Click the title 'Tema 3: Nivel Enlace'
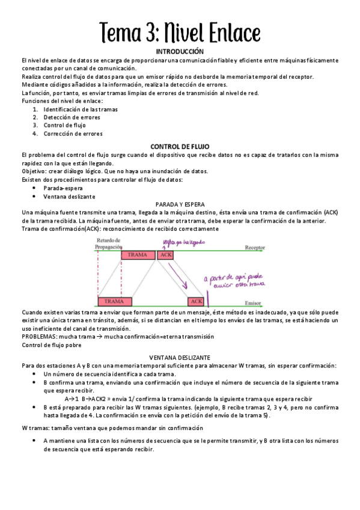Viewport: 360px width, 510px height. [x=180, y=31]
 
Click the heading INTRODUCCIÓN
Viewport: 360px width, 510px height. [x=180, y=52]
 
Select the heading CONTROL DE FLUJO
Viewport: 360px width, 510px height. [x=180, y=146]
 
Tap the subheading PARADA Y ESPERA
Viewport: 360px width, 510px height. [x=180, y=204]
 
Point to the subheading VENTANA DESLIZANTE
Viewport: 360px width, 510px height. [x=180, y=357]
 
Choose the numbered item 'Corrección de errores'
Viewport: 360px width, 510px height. [x=73, y=134]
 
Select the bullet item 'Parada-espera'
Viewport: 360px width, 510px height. [x=63, y=188]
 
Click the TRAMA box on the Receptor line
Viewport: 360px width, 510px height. [x=138, y=255]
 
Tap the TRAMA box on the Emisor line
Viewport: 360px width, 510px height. [x=114, y=301]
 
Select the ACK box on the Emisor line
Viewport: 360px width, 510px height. [x=196, y=301]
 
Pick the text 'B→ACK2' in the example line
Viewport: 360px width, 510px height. [x=94, y=398]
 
